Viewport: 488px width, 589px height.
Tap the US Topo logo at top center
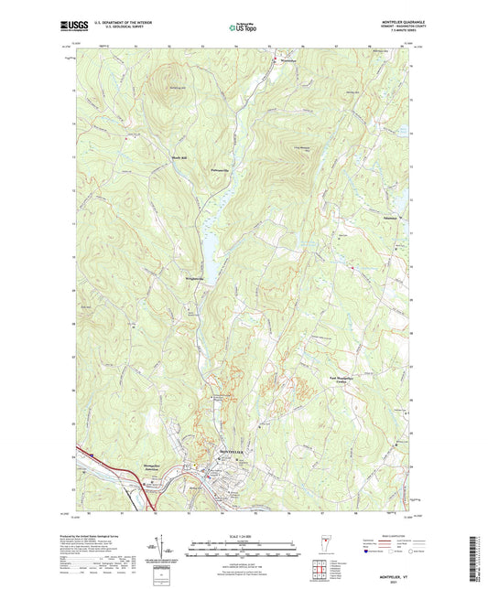pos(244,28)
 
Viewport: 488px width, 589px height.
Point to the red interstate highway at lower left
pos(101,463)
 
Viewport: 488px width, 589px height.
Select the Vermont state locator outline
pos(320,546)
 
